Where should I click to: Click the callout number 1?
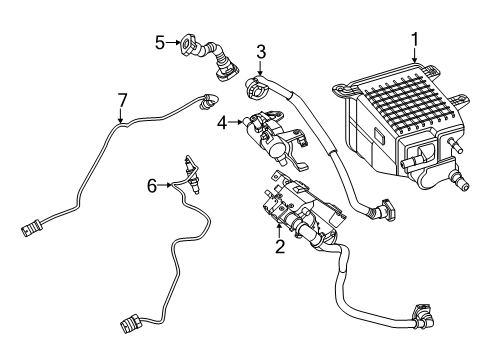point(414,40)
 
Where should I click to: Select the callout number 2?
point(280,246)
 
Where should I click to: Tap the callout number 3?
point(261,52)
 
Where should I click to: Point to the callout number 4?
point(222,123)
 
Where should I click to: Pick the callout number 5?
point(160,43)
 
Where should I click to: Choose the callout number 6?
point(152,186)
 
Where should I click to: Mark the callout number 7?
point(122,100)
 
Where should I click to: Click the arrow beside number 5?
point(173,42)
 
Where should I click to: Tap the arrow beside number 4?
point(236,122)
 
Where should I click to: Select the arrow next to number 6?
point(166,184)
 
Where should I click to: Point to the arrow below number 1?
point(414,56)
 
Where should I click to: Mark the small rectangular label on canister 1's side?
point(379,135)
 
